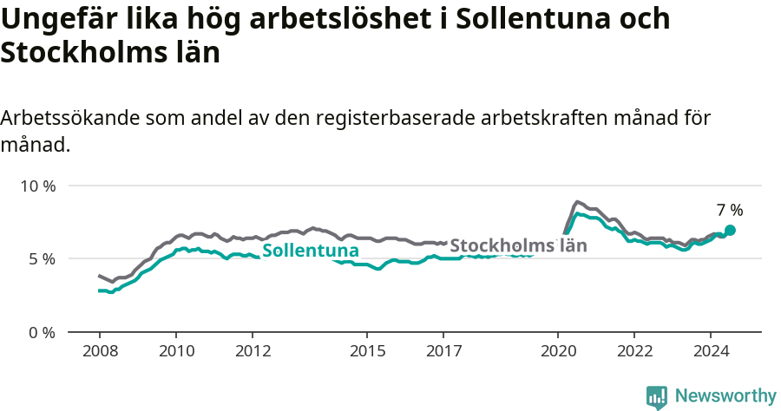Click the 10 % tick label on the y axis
click(x=37, y=186)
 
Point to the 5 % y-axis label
click(x=41, y=259)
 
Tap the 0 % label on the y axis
click(x=41, y=332)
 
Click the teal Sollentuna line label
click(x=311, y=251)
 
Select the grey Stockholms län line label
click(x=518, y=245)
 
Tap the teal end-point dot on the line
click(x=730, y=230)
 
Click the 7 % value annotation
click(x=730, y=210)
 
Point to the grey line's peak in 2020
click(x=578, y=201)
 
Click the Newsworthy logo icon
click(x=657, y=397)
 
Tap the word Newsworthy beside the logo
click(x=725, y=396)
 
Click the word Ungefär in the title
click(x=57, y=20)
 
